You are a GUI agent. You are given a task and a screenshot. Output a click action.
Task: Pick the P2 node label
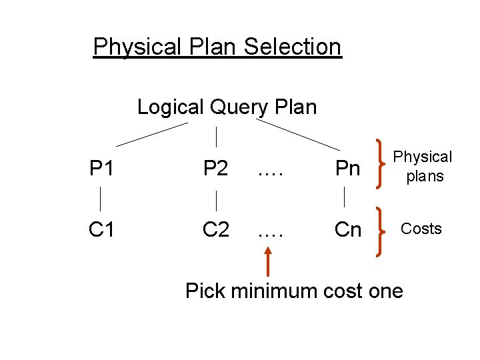[216, 169]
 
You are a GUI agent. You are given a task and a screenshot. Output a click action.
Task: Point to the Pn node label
[347, 169]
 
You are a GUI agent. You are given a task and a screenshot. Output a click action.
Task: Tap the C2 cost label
[216, 229]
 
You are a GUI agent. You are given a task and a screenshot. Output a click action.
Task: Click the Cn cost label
[347, 229]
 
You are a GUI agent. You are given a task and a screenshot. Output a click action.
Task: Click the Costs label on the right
[421, 229]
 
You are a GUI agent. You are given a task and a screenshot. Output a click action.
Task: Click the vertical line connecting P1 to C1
[101, 199]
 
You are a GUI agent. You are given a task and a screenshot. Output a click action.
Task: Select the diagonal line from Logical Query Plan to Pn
[297, 134]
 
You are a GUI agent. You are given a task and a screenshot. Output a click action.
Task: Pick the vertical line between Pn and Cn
[344, 197]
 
